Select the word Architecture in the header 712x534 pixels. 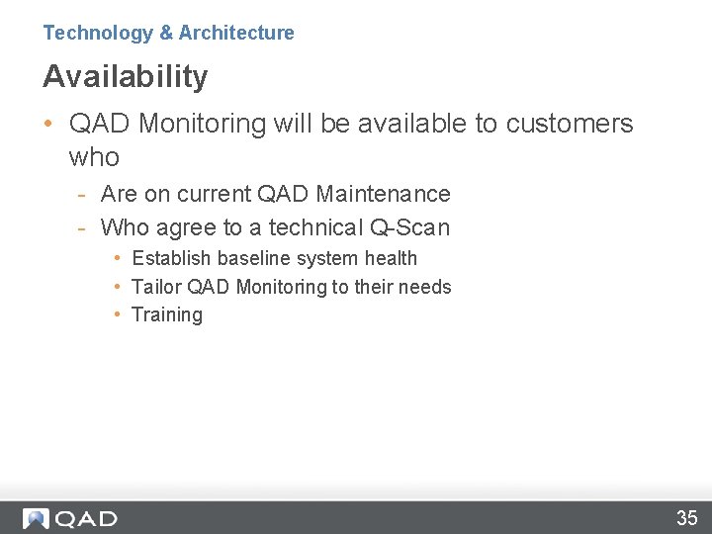point(236,33)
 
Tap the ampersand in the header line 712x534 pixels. point(166,33)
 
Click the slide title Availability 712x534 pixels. point(126,76)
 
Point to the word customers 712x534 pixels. point(569,124)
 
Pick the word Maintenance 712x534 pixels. point(383,194)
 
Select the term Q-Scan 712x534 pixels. point(409,227)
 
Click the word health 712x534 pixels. point(392,258)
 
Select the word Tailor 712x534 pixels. point(156,287)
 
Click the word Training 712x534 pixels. point(167,315)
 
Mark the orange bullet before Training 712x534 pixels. point(117,314)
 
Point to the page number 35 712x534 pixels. point(686,518)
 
